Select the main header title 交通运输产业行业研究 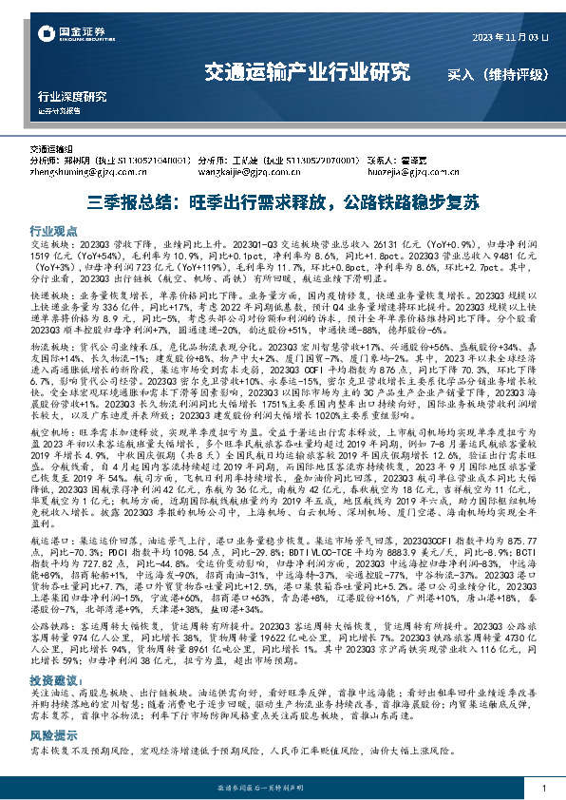(308, 71)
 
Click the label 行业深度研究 (72, 97)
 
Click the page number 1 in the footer (542, 790)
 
